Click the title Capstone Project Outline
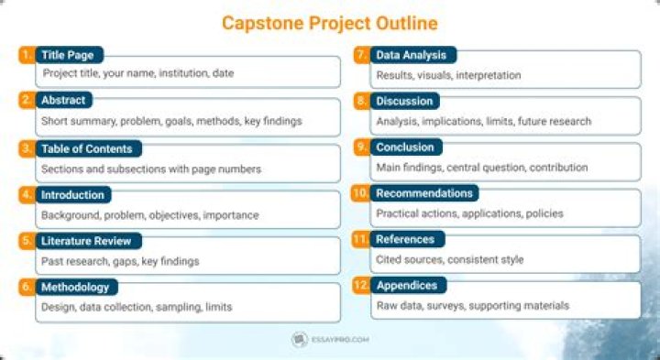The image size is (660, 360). pos(330,22)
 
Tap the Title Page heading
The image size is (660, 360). pos(67,56)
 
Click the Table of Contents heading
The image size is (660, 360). pos(87,148)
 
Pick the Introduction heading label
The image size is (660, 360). pos(74,194)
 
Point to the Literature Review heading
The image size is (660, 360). pos(86,241)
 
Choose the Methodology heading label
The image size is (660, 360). pos(75,287)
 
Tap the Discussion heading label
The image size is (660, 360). pos(404,102)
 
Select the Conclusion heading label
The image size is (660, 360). pos(405,147)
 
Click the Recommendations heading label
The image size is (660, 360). pos(424,193)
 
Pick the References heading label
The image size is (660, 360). pos(405,239)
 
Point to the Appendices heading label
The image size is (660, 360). pos(407,285)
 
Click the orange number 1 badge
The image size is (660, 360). pos(26,55)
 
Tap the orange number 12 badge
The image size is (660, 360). pos(360,285)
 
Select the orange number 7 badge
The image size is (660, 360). pos(361,55)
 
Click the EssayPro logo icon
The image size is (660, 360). pos(298,340)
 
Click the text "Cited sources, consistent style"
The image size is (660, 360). pos(450,259)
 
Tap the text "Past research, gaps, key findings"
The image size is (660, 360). pos(120,261)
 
